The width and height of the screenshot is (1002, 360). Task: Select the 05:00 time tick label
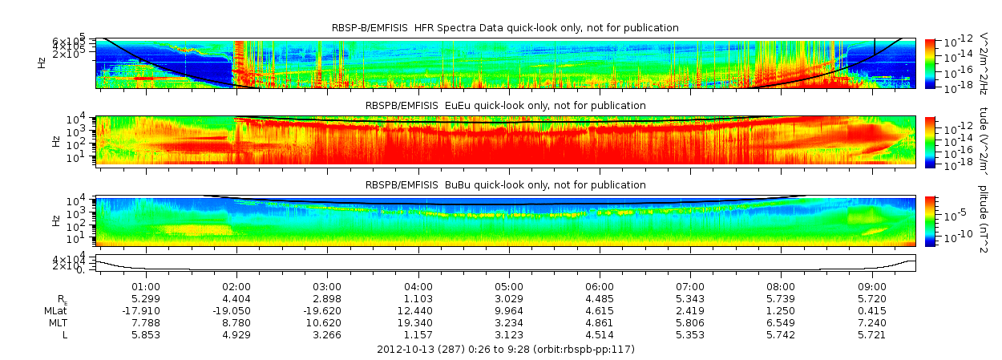coord(509,286)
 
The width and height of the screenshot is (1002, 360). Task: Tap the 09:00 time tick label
coord(872,286)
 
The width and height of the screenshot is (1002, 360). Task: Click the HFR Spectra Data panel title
coord(505,28)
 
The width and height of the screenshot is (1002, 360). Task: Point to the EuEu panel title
coord(505,106)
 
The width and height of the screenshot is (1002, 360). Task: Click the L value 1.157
coord(418,335)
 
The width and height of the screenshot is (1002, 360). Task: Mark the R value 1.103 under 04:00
coord(418,298)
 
